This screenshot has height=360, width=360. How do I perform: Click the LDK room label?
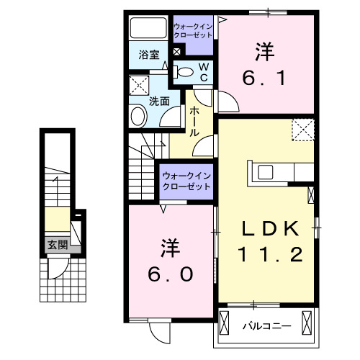(x=269, y=230)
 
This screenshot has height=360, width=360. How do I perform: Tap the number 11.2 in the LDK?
(x=269, y=254)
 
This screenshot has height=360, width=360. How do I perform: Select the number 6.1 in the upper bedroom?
(x=264, y=76)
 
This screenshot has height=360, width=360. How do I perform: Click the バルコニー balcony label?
(x=266, y=326)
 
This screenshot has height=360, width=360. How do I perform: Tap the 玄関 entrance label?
(x=58, y=245)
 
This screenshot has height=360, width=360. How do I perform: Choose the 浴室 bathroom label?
(x=148, y=53)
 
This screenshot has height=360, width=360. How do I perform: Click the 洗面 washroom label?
(x=159, y=102)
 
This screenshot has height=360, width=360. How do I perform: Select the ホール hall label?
(x=194, y=122)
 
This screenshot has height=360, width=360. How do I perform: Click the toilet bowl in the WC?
(x=184, y=71)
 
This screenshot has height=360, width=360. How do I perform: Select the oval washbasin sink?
(x=138, y=115)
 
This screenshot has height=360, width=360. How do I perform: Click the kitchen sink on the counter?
(x=265, y=172)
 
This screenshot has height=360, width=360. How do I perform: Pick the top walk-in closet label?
(x=193, y=31)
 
